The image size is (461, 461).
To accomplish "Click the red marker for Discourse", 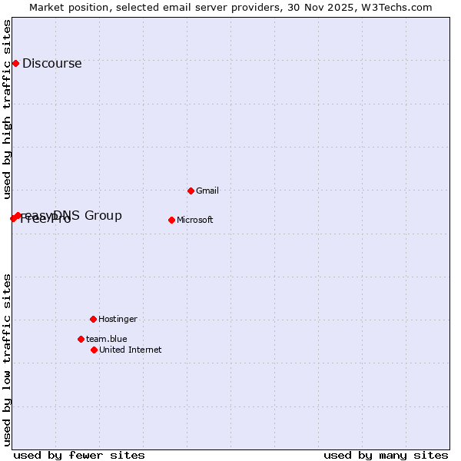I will coord(15,63).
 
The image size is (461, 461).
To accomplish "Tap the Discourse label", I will coord(51,64).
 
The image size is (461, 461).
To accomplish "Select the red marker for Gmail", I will coord(191,191).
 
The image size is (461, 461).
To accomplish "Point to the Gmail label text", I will coord(207,191).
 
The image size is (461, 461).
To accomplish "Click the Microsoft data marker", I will coord(171,220).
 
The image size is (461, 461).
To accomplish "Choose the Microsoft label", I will coord(194,220).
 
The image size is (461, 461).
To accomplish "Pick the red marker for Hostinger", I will coord(93,319).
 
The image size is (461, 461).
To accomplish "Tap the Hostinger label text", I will coord(118,319).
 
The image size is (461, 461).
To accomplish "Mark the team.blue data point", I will coord(81,339).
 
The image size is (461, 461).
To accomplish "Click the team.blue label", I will coord(106,339).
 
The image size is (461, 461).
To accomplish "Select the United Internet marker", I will coord(94,350).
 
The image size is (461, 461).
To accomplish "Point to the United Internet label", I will coord(130,350).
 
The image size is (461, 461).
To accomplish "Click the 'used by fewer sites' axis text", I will coord(79,455).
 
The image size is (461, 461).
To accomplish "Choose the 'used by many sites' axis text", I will coord(386,455).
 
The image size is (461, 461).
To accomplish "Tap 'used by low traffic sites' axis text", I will coord(7,359).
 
